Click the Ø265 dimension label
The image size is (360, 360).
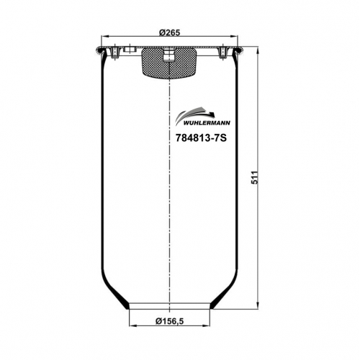(169, 32)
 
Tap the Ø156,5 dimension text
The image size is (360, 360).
(169, 321)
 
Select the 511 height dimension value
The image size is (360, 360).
(255, 177)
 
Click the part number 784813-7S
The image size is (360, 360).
(201, 138)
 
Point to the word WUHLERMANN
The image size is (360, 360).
(207, 123)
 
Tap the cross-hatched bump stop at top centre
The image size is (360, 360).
(169, 63)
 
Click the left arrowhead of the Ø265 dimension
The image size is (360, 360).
(105, 36)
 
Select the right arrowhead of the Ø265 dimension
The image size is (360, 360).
(234, 36)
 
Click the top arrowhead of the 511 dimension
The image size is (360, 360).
(258, 51)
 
